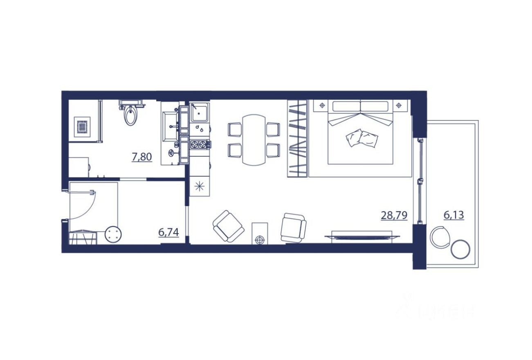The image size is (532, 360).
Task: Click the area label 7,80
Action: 142,156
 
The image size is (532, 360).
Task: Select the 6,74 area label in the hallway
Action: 168,232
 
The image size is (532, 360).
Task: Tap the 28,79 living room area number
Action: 394,215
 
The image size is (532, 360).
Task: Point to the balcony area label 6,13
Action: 453,215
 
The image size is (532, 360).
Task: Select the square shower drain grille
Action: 82,126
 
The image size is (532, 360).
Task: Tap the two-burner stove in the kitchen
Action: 199,144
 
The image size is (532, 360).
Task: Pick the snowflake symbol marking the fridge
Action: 200,187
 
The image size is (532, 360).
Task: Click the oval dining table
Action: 254,139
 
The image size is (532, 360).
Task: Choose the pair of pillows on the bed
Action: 362,138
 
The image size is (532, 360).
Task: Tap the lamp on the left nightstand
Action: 322,106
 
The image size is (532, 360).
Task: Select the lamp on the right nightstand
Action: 399,106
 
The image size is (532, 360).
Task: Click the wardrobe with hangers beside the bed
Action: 297,138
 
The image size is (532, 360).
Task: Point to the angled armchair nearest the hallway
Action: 228,226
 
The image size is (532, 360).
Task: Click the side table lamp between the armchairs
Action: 260,239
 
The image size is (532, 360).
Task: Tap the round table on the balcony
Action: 460,248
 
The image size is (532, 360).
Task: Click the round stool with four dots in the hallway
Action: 113,235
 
